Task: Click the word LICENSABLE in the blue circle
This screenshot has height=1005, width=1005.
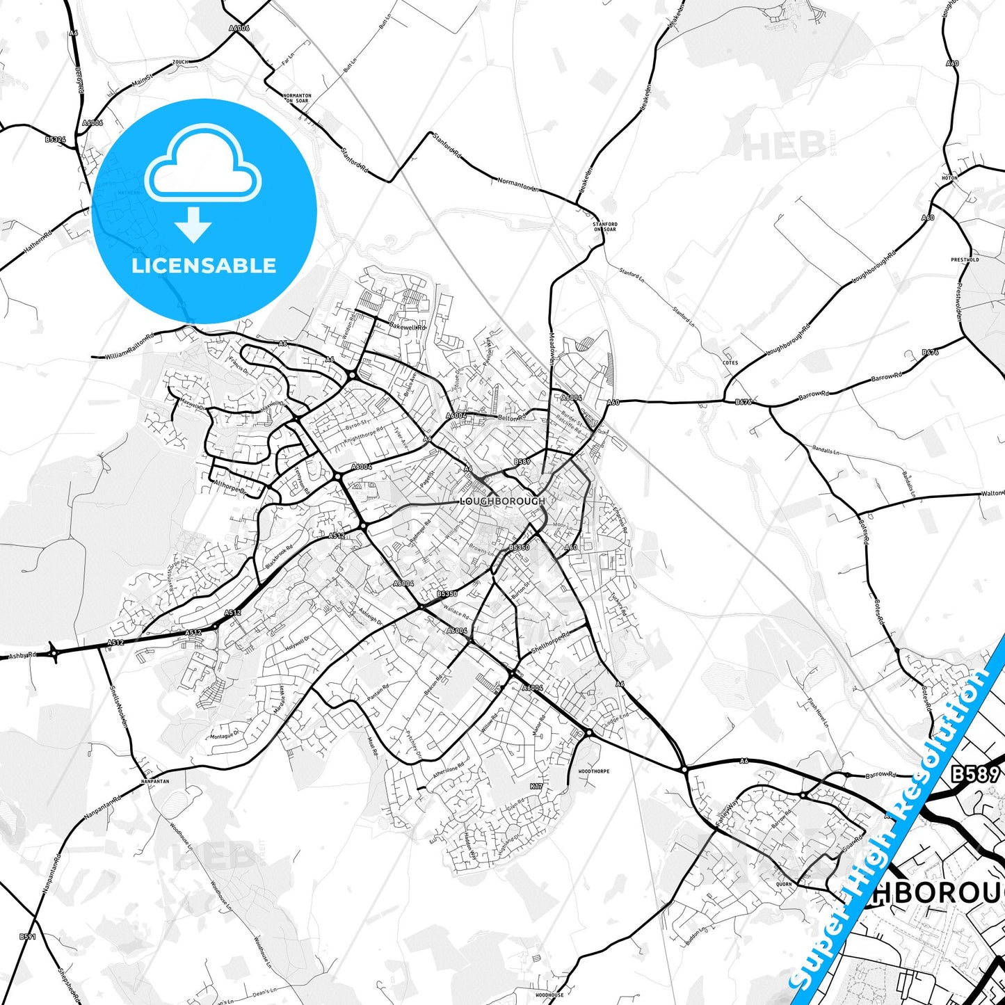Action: point(204,266)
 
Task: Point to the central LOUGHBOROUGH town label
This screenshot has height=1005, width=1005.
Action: point(502,501)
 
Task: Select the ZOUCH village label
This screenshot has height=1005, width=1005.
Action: point(180,62)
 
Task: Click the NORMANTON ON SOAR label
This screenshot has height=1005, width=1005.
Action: point(298,98)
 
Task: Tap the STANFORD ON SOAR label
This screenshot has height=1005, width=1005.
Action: point(604,227)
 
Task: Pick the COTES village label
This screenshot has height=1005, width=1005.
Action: point(730,362)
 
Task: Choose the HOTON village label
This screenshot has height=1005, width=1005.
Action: point(949,178)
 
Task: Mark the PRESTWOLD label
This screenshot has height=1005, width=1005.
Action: point(965,260)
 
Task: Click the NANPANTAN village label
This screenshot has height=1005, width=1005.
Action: point(154,781)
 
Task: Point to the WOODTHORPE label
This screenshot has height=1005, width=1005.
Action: point(594,771)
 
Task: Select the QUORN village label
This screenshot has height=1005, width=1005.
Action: point(784,885)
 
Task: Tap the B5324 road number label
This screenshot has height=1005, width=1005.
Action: point(55,139)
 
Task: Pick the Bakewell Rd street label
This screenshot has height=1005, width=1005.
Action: point(407,325)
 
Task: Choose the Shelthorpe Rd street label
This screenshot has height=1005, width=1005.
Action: point(550,642)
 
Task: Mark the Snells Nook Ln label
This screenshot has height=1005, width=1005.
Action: point(119,706)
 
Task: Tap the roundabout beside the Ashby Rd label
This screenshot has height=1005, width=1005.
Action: point(54,652)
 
